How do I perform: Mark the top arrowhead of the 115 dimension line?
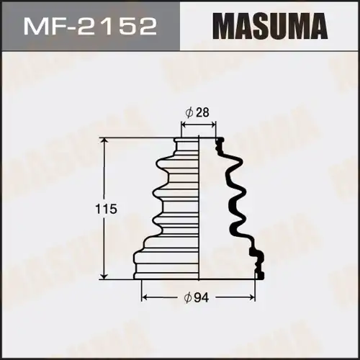pos(107,142)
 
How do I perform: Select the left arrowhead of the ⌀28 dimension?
pos(183,124)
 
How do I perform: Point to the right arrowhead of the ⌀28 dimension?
pos(213,124)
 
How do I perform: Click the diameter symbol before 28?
pos(188,112)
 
